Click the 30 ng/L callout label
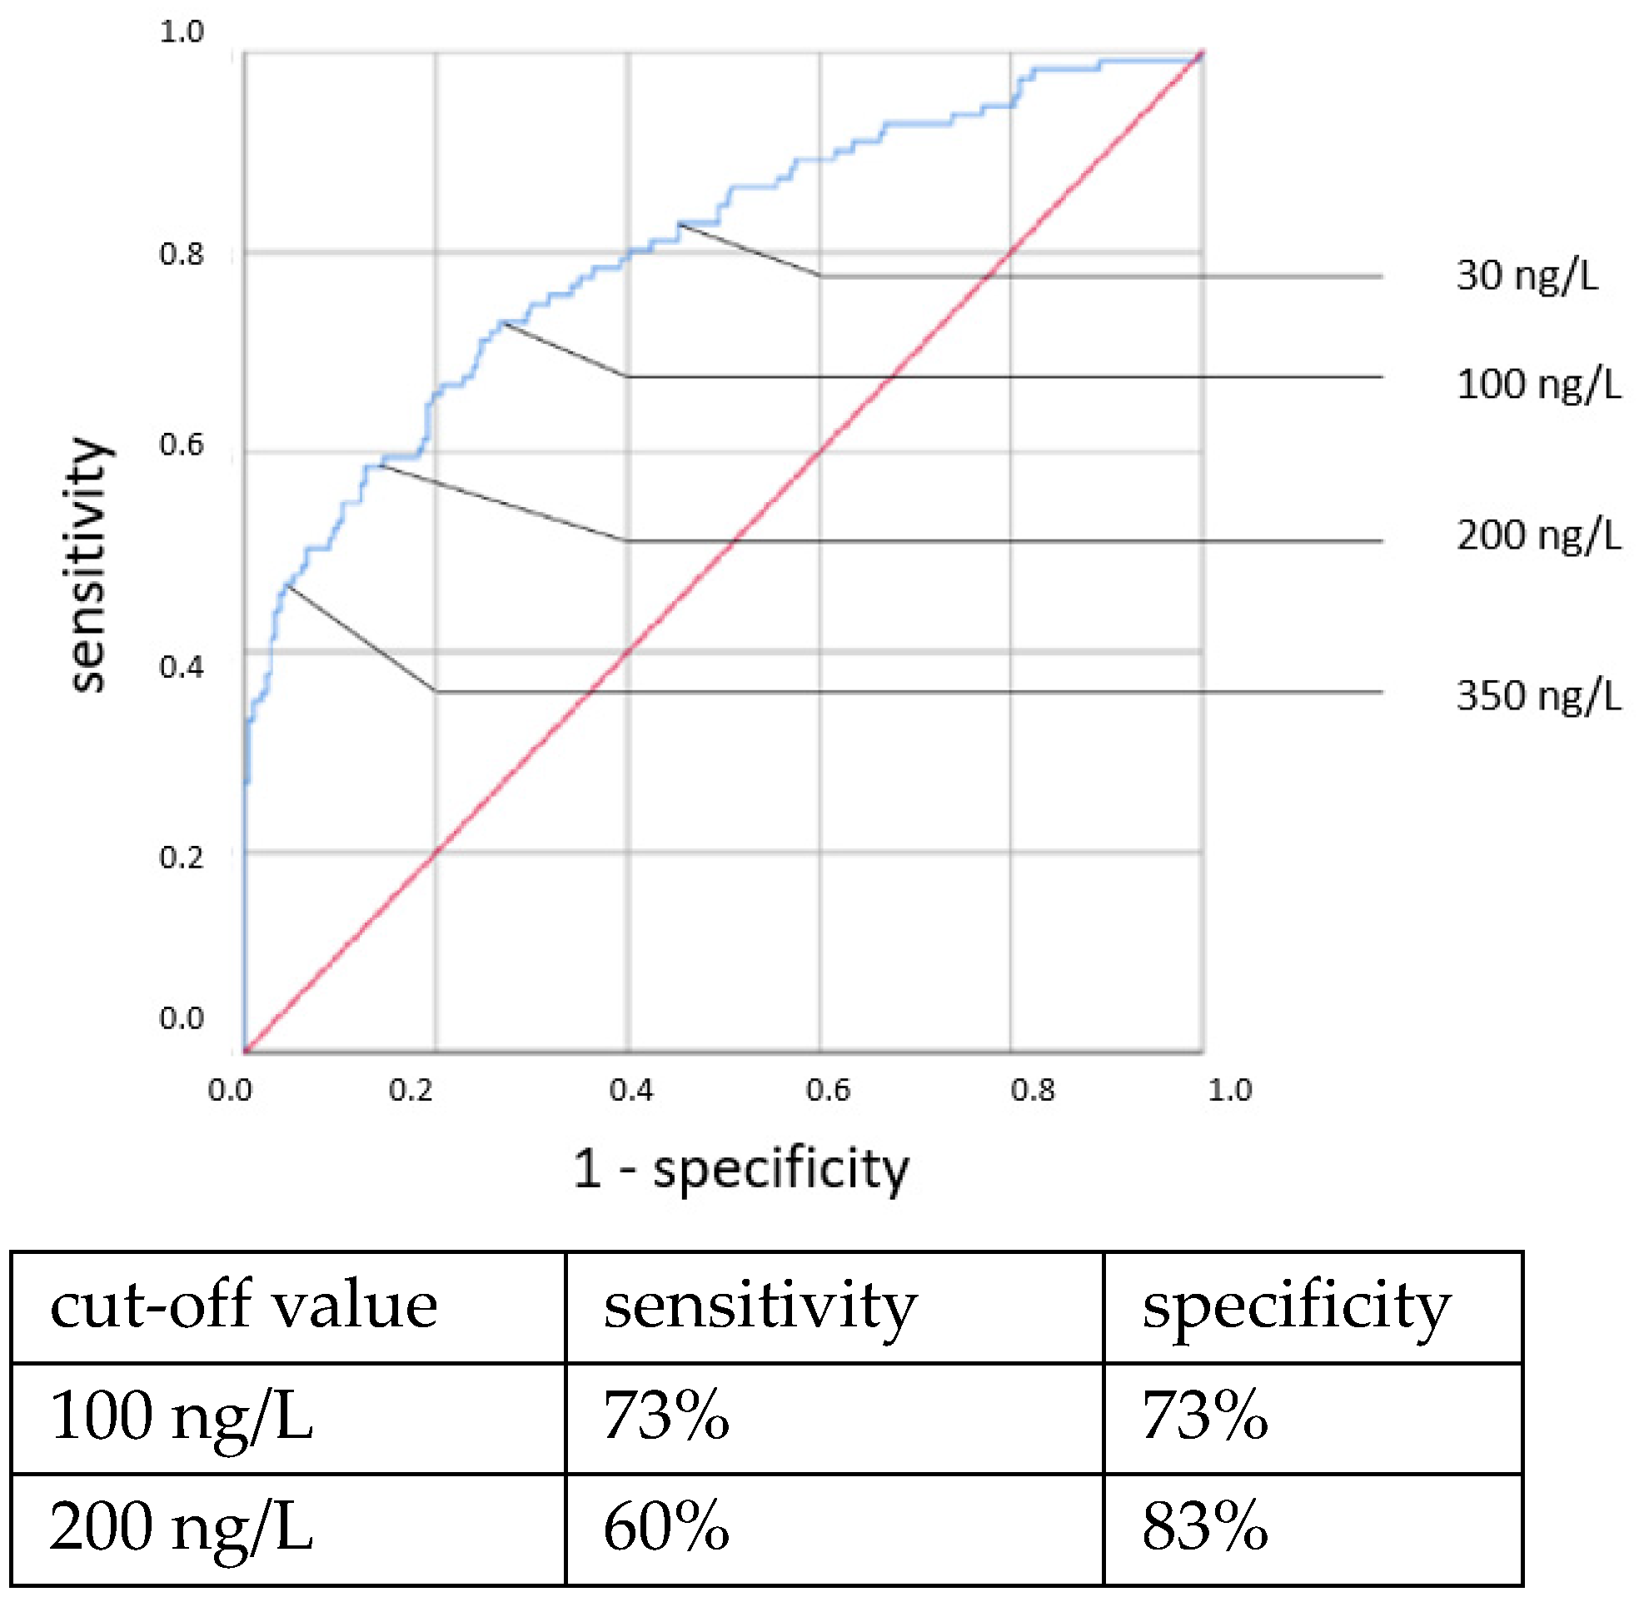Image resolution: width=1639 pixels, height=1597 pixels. tap(1527, 276)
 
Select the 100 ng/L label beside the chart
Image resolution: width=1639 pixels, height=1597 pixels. tap(1538, 385)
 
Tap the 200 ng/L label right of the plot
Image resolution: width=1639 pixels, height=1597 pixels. tap(1538, 535)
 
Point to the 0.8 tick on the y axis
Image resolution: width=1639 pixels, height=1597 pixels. tap(182, 254)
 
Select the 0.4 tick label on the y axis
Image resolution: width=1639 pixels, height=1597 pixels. tap(182, 668)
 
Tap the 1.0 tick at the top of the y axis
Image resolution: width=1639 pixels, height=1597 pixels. tap(182, 32)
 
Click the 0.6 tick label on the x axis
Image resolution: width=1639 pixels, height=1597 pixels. tap(828, 1091)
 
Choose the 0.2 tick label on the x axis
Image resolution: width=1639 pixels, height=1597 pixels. tap(411, 1091)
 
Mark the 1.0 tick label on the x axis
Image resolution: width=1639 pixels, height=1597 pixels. tap(1230, 1091)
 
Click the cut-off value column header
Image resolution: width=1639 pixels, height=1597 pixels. tap(243, 1306)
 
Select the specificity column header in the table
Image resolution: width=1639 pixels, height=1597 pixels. tap(1296, 1306)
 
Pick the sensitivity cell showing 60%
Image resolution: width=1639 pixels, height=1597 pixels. tap(666, 1527)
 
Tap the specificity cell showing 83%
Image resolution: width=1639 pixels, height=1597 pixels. tap(1204, 1527)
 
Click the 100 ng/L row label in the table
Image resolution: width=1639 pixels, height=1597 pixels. tap(182, 1416)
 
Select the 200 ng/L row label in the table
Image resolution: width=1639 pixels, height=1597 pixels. tap(182, 1527)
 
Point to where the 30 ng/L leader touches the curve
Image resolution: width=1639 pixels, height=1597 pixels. tap(680, 224)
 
